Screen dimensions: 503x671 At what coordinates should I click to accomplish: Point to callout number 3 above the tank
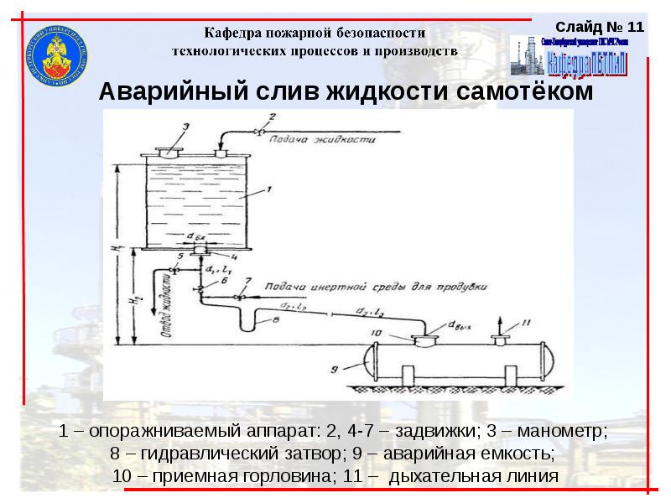tap(185, 127)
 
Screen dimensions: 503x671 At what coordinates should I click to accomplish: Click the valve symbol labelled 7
tap(238, 296)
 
